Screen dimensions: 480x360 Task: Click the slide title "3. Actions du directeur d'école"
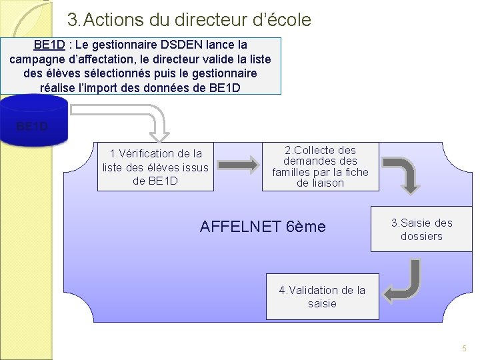(x=189, y=20)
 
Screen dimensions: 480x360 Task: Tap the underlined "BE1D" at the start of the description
(x=49, y=45)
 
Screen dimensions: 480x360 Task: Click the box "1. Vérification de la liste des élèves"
(x=155, y=167)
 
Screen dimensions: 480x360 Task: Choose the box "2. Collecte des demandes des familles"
(x=320, y=167)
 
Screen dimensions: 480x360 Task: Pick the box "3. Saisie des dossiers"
(x=421, y=229)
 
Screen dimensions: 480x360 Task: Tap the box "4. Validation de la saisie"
(x=322, y=297)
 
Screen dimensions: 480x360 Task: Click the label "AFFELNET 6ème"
(x=263, y=227)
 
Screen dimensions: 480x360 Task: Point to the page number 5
(x=465, y=349)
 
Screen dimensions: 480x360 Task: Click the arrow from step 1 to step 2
(x=238, y=164)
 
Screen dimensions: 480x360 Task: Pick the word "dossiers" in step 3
(x=421, y=237)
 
